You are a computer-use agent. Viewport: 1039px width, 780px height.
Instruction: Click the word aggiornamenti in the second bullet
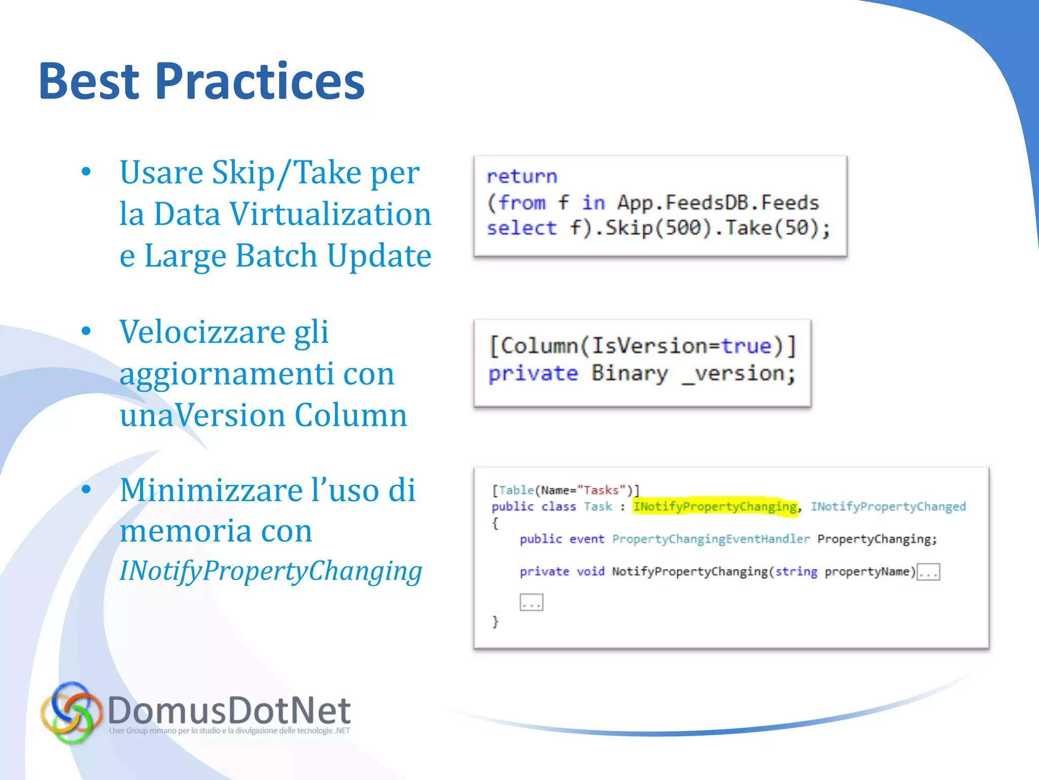click(226, 374)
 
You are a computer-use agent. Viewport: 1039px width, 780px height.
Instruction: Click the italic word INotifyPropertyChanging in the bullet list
click(270, 571)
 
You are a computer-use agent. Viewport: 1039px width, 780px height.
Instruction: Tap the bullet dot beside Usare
click(86, 172)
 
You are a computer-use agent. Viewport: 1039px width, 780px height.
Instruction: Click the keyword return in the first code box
click(522, 176)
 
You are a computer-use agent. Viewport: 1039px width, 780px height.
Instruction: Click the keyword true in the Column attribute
click(746, 346)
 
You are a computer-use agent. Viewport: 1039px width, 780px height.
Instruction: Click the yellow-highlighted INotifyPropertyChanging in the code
click(715, 507)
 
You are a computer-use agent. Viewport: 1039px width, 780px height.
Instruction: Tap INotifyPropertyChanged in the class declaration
click(888, 507)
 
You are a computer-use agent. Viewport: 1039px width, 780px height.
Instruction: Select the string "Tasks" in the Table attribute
click(602, 490)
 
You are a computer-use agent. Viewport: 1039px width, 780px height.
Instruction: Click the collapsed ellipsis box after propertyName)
click(928, 572)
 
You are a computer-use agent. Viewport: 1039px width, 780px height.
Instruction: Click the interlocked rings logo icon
click(72, 712)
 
